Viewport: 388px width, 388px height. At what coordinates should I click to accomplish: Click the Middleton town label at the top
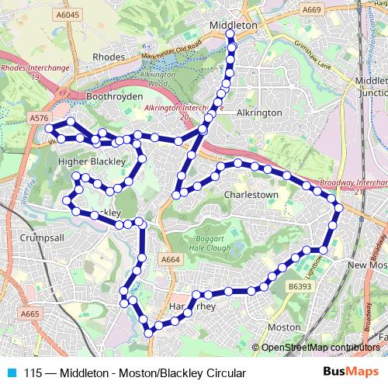234,26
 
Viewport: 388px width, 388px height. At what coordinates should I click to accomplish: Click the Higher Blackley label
92,161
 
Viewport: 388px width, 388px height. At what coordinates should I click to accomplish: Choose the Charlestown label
250,195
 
